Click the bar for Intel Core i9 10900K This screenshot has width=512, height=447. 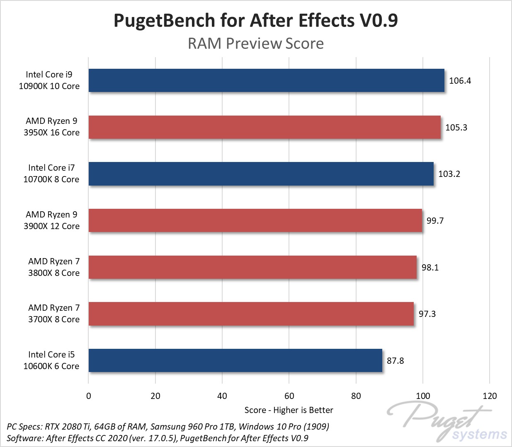point(266,80)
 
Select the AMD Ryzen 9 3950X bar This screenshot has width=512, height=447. point(264,127)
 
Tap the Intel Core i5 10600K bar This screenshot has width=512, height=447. point(235,360)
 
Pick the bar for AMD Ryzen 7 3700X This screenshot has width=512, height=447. point(251,314)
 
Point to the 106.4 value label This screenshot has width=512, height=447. point(460,81)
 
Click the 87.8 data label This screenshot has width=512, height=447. point(395,361)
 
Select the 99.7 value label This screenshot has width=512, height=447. point(435,221)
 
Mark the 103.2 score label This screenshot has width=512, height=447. point(449,174)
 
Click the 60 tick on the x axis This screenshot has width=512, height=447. point(289,396)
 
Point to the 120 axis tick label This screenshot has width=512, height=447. point(490,396)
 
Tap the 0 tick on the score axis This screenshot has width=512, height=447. point(88,396)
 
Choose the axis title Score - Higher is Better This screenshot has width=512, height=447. point(289,410)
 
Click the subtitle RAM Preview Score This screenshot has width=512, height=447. point(256,43)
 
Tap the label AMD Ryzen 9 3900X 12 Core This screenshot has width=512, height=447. point(51,220)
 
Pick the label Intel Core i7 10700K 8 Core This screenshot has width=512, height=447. point(51,174)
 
